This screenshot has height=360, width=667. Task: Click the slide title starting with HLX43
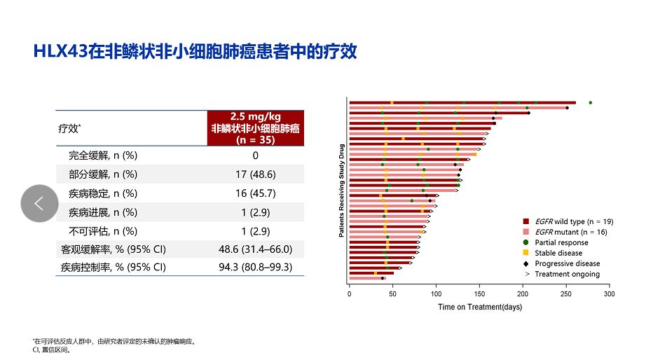195,52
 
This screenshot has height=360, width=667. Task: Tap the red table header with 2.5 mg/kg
256,127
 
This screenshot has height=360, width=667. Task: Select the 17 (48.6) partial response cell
256,174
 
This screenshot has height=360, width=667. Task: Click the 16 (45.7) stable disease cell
256,193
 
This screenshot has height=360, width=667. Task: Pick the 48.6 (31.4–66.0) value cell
256,249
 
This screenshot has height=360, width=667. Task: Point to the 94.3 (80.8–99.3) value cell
256,267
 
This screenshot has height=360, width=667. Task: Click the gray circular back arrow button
39,204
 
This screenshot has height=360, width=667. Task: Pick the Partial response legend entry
561,242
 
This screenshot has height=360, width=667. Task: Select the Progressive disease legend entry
567,263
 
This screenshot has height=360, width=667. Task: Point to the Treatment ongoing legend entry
565,274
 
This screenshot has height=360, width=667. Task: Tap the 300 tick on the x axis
610,294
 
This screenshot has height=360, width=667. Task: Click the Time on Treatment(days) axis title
479,307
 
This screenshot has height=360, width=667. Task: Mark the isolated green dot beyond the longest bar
591,103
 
